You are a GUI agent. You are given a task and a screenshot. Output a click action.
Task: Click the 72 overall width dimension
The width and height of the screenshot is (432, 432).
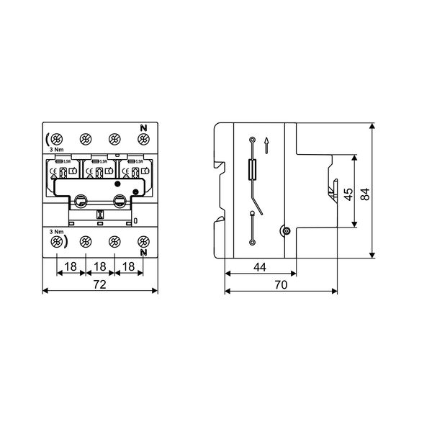pos(100,286)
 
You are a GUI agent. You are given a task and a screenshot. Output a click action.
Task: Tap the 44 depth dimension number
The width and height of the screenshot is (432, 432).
pos(259,267)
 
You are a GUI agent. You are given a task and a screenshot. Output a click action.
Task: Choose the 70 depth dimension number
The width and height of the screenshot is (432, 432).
pos(281,286)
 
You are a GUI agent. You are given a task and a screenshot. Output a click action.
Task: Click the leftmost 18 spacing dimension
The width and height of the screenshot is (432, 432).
pos(71,267)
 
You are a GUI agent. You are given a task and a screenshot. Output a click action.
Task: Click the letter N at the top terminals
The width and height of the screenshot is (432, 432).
pos(142,127)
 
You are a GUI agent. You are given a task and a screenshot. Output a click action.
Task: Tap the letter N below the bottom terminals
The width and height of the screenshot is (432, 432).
pos(142,253)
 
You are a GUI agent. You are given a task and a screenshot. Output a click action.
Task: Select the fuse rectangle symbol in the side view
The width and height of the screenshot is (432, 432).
pos(252,170)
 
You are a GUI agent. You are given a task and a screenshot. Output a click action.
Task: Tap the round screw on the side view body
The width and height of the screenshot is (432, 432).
pos(286,231)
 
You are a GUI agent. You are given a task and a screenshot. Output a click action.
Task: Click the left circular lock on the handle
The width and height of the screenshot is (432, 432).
pos(82,203)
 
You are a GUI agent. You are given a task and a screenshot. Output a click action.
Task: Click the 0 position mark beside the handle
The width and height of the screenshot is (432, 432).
pos(136,221)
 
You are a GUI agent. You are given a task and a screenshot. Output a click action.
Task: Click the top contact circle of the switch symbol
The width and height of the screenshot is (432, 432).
pos(252,138)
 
